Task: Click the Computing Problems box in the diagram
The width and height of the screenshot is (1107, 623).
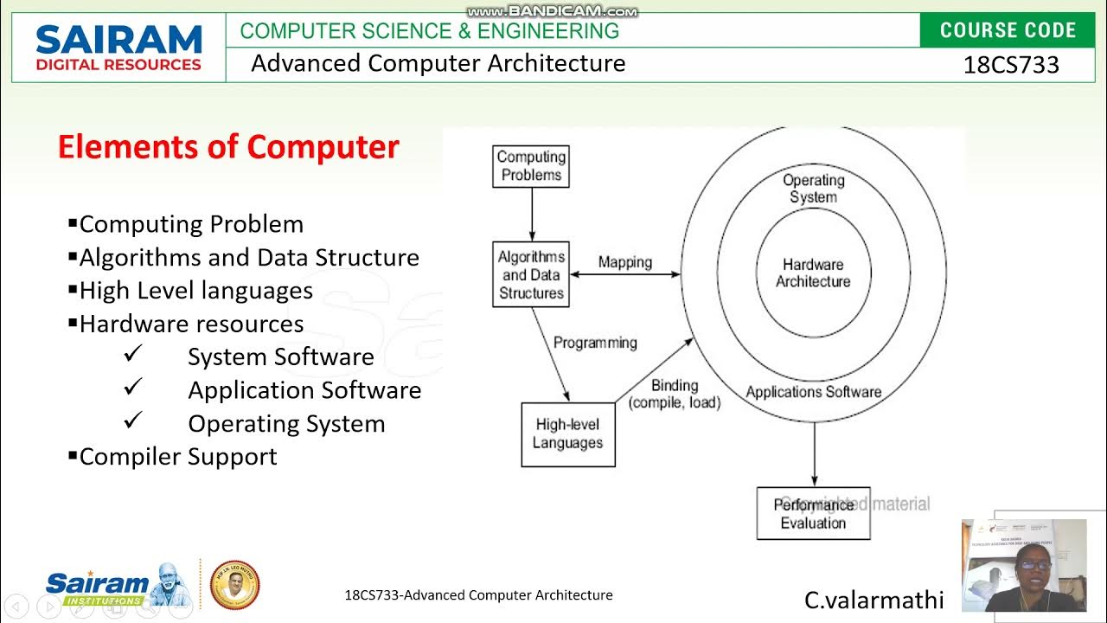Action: click(x=531, y=166)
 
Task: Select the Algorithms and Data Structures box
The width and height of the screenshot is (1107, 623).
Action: click(x=531, y=274)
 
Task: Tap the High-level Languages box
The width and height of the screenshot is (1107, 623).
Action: click(x=567, y=434)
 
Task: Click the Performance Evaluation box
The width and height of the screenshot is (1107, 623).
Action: click(x=813, y=513)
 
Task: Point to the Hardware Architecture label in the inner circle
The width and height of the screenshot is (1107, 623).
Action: click(x=813, y=273)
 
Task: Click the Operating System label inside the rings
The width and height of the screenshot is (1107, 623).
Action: click(x=813, y=189)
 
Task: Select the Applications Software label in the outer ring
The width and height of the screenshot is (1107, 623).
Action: click(x=813, y=392)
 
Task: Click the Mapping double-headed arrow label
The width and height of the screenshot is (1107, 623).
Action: click(x=624, y=262)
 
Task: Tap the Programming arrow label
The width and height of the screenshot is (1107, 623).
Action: click(x=595, y=343)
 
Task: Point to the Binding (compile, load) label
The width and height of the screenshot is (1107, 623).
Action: click(x=675, y=394)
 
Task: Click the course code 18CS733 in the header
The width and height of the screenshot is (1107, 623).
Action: click(x=1010, y=65)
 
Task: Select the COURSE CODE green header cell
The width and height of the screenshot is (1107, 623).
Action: click(x=1008, y=30)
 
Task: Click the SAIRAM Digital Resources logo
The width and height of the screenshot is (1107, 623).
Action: click(x=118, y=48)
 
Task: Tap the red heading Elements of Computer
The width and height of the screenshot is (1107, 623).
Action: click(x=228, y=147)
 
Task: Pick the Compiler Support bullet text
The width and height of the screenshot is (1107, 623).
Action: click(x=178, y=457)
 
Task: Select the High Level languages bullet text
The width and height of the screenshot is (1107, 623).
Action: click(x=195, y=291)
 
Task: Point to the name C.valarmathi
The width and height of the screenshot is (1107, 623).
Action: click(x=873, y=600)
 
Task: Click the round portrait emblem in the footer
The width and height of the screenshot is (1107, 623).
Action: click(x=235, y=585)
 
